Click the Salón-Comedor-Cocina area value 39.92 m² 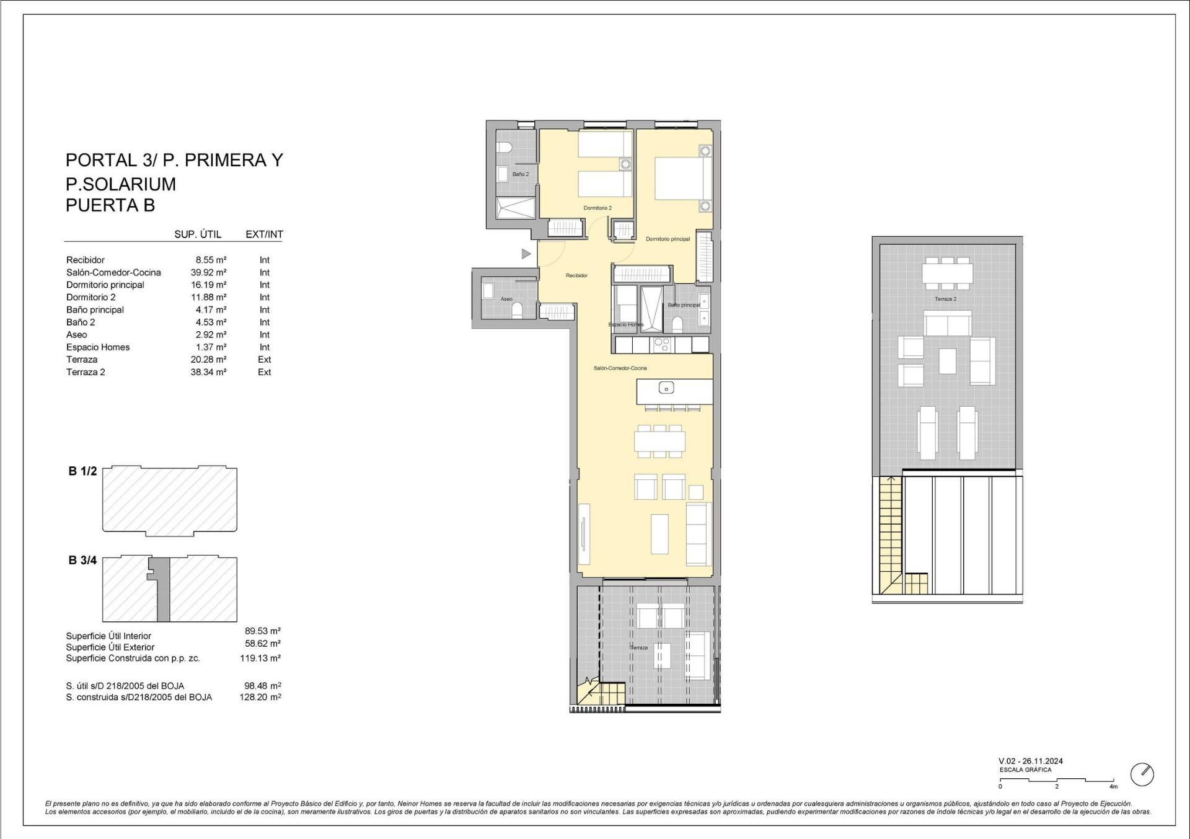[208, 272]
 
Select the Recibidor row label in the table [86, 260]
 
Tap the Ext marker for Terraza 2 [265, 372]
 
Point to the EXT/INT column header [264, 234]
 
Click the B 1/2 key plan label [82, 471]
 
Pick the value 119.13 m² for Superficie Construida [260, 658]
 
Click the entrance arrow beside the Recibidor [526, 254]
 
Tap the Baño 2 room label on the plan [521, 174]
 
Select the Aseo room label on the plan [506, 299]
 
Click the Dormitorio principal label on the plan [668, 239]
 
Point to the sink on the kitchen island [666, 389]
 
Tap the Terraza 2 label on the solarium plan [946, 299]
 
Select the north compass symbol [1142, 775]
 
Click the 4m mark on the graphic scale [1113, 787]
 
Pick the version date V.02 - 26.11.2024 [1031, 761]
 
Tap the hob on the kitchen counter [662, 344]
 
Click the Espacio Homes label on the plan [626, 324]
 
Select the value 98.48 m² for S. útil [263, 686]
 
